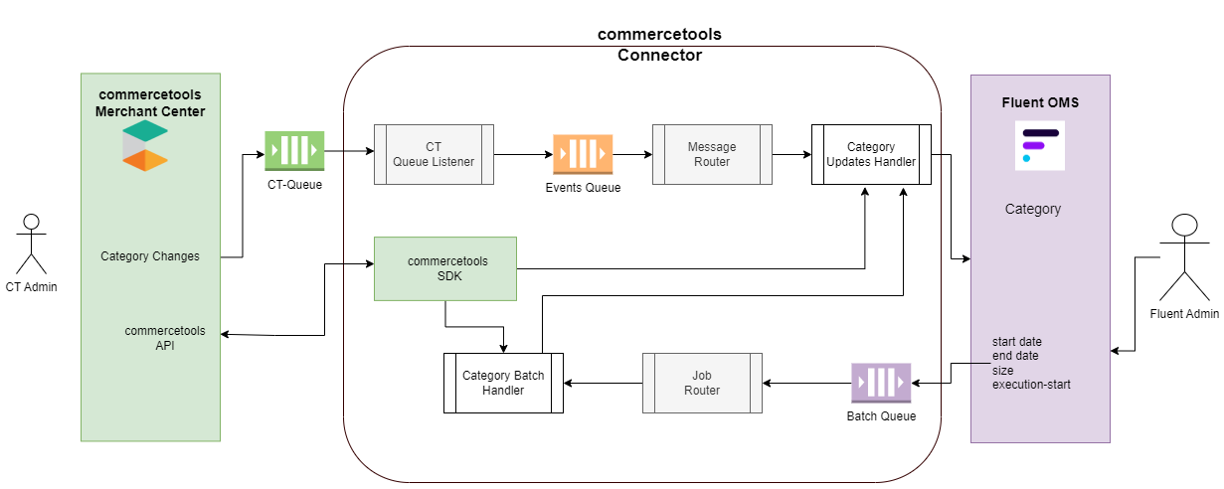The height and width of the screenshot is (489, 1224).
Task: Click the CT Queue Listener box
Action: point(434,154)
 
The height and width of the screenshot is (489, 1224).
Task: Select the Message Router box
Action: point(712,154)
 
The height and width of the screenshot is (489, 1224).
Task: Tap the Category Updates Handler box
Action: point(871,154)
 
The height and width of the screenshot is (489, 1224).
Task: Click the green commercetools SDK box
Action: point(445,268)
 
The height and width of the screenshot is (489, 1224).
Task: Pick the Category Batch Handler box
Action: point(503,383)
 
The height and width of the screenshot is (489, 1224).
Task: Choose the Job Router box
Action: point(702,383)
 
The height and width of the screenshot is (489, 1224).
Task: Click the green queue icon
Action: point(294,150)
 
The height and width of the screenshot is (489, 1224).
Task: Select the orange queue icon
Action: point(583,154)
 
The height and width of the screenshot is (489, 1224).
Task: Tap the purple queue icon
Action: point(881,382)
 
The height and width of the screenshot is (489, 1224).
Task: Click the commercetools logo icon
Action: point(145,146)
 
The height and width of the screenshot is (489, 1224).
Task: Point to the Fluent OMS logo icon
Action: point(1039,145)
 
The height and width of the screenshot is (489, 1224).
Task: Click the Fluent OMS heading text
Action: point(1039,102)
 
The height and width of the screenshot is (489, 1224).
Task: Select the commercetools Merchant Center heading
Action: point(150,102)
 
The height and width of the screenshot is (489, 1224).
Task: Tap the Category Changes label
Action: point(150,256)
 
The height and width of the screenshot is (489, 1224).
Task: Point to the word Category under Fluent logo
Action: point(1032,209)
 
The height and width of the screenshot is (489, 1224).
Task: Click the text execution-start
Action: point(1031,384)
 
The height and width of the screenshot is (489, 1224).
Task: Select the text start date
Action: point(1017,342)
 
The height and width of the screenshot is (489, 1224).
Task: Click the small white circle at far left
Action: point(31,222)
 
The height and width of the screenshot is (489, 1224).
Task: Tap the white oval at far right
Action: point(1184,225)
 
